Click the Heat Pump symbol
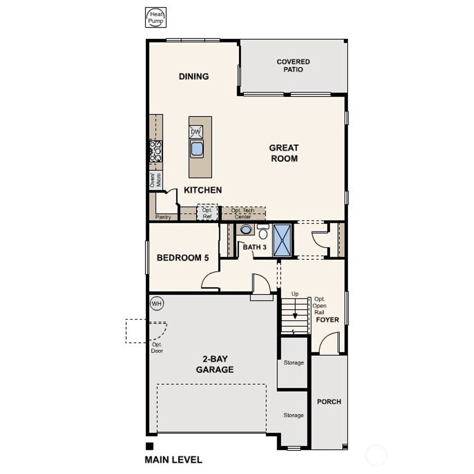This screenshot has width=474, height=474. point(156,18)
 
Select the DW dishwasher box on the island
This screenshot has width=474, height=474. point(196,132)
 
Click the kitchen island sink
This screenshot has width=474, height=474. point(197,149)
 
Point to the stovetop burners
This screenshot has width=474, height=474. point(156,151)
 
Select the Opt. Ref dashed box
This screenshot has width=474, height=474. point(207,213)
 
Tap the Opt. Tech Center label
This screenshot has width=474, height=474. point(243,213)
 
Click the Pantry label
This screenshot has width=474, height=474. point(163,217)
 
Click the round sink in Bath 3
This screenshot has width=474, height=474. point(246,229)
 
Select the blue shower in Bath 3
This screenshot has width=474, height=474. point(282,240)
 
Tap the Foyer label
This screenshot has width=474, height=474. point(327,320)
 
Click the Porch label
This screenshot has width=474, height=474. point(329,401)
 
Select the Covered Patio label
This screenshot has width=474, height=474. point(293,65)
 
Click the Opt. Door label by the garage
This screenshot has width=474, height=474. point(157,348)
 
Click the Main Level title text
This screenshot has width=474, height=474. point(173,460)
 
